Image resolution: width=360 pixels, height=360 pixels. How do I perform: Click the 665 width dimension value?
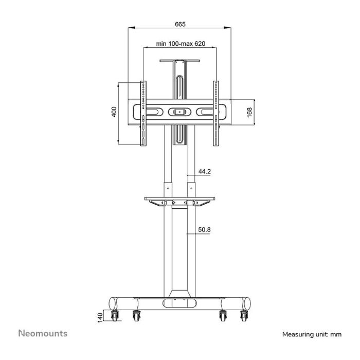tap(180, 24)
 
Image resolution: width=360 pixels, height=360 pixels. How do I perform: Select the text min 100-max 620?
tap(181, 43)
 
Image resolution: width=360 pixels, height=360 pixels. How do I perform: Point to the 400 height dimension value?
tap(114, 112)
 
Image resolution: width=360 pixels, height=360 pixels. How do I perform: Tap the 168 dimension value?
tap(249, 112)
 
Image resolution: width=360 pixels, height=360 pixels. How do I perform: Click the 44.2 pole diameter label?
tap(204, 171)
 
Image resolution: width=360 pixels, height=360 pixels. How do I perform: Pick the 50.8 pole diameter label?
tap(204, 229)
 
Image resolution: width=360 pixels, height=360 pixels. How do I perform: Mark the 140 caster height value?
tap(100, 318)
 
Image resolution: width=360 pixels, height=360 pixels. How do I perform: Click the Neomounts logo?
tap(43, 333)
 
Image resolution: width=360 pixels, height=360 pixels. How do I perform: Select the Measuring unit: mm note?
tap(312, 334)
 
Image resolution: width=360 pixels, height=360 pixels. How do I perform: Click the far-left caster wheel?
tap(115, 316)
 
